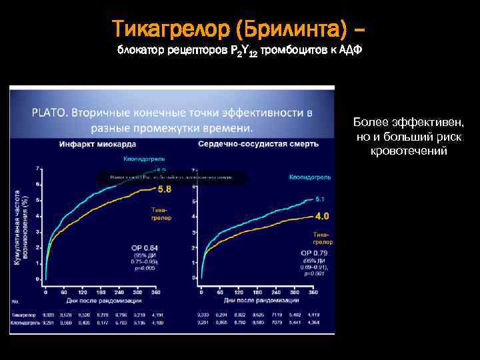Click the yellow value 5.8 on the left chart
point(164,189)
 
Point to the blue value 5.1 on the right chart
point(319,199)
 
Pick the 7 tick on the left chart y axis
point(38,168)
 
